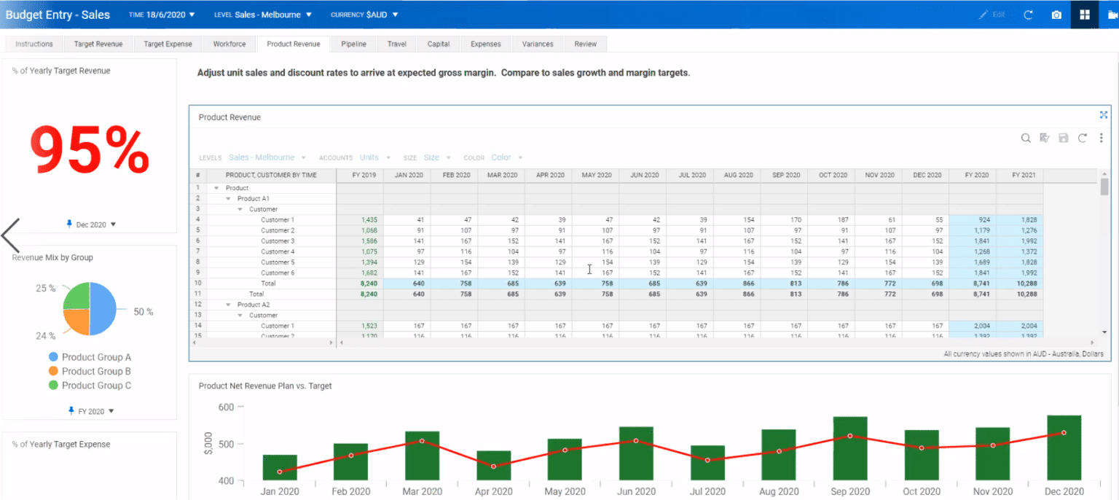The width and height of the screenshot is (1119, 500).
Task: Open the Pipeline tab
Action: (x=353, y=44)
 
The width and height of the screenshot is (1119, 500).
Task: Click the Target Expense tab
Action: (x=168, y=44)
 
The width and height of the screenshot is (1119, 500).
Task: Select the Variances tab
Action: (x=538, y=44)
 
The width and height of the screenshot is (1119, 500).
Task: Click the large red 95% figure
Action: (x=90, y=150)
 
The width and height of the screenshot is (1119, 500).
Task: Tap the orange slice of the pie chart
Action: (x=76, y=320)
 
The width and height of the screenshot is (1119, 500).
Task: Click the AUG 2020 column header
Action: (x=737, y=176)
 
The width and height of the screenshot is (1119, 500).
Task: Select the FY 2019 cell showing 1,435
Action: (x=369, y=219)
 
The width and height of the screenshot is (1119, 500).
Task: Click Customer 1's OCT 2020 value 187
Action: (x=842, y=219)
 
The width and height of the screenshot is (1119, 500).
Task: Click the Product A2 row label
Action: (x=253, y=305)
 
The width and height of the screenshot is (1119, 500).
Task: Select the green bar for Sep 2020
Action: (x=849, y=448)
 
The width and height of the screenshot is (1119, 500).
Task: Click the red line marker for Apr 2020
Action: (x=493, y=466)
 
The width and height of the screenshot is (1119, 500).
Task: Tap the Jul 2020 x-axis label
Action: (x=707, y=491)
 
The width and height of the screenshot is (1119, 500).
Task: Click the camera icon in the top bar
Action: (x=1056, y=15)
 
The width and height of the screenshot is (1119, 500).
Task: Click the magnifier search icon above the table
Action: (x=1025, y=138)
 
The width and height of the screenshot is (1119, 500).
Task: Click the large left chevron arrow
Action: (x=11, y=235)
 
